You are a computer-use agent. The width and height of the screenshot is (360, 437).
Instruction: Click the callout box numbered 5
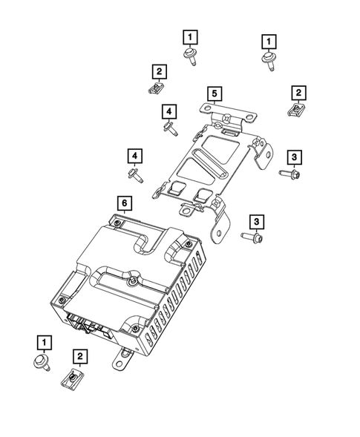click(213, 93)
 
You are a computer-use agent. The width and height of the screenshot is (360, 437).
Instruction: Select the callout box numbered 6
click(124, 203)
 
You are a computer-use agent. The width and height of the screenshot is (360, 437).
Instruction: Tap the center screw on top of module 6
click(133, 280)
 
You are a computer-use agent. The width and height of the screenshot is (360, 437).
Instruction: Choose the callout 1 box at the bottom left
click(45, 342)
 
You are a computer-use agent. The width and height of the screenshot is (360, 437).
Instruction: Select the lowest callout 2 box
click(79, 357)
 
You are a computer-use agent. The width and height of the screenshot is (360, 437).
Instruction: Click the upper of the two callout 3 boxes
click(294, 157)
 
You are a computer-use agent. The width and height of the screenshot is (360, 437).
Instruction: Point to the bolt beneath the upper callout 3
click(289, 174)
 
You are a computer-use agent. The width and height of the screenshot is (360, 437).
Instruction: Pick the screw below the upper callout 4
click(169, 128)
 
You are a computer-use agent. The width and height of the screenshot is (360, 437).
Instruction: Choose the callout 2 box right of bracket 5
click(298, 93)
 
